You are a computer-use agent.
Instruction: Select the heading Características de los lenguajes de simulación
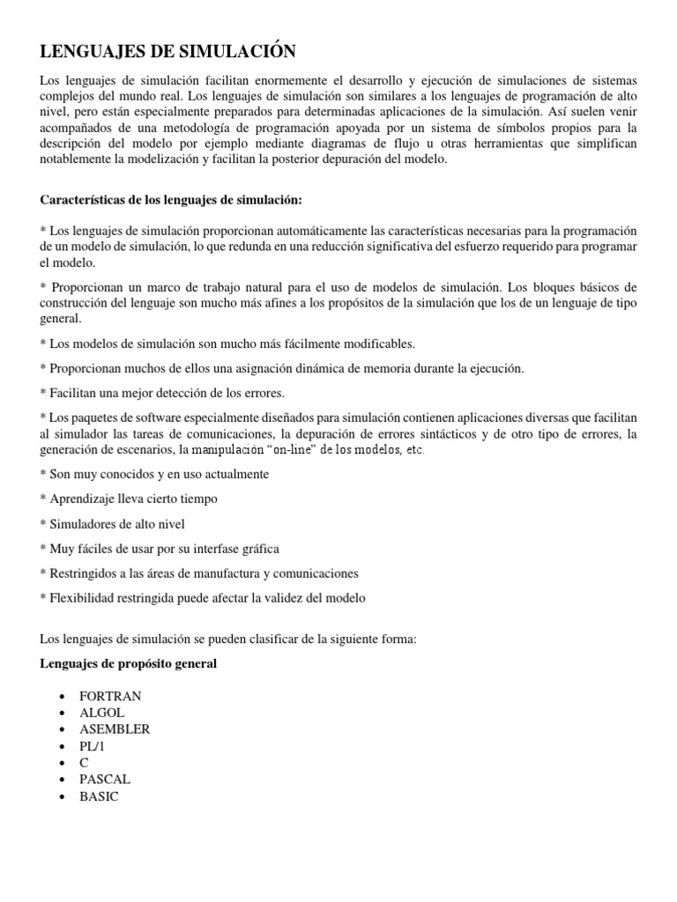(x=171, y=200)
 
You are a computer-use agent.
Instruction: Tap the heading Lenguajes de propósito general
(x=129, y=663)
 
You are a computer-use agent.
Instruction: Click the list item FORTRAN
(x=110, y=696)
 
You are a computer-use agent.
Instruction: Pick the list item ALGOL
(x=102, y=713)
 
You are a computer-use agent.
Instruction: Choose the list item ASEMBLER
(x=115, y=729)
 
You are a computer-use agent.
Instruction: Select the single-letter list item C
(x=85, y=763)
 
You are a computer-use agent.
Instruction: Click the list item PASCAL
(x=105, y=780)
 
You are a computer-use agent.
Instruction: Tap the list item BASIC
(x=99, y=796)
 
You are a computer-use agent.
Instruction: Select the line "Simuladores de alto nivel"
(x=113, y=524)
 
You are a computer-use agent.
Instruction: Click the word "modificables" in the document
(x=374, y=343)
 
